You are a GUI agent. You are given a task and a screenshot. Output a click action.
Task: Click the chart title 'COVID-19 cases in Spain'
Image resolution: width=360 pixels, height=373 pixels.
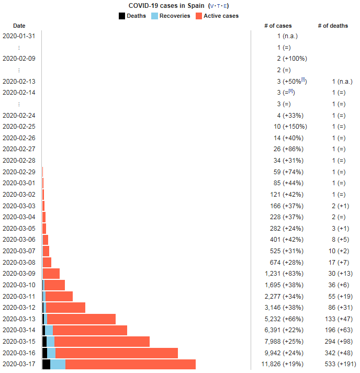[x=167, y=6]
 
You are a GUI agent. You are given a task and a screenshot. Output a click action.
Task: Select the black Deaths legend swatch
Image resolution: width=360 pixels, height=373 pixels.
[x=122, y=16]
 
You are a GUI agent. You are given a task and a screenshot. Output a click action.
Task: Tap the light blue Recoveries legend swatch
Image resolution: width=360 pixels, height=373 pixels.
[x=154, y=16]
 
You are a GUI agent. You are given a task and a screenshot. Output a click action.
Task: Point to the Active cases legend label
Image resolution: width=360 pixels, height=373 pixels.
[x=221, y=16]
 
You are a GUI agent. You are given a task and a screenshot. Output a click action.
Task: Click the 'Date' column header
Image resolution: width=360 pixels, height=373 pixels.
[x=19, y=26]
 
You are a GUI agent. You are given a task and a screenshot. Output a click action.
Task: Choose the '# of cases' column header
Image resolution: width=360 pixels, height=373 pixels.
[x=278, y=26]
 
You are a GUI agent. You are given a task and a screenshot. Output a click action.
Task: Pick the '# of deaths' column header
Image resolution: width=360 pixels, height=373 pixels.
[x=333, y=26]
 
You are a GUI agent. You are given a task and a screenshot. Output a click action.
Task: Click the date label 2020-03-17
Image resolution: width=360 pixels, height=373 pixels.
[x=19, y=364]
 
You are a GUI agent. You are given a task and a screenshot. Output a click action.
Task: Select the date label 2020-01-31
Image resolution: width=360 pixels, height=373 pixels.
[x=19, y=36]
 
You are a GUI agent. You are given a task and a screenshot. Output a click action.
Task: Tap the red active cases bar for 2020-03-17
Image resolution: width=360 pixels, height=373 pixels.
[x=130, y=364]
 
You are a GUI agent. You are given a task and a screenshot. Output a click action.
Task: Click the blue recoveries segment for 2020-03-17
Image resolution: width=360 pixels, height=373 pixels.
[x=58, y=364]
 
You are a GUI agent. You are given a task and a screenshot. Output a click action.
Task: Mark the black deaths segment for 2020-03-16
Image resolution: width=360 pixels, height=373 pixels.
[x=44, y=353]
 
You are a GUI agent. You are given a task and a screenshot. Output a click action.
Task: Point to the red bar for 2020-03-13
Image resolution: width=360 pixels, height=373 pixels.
[x=81, y=319]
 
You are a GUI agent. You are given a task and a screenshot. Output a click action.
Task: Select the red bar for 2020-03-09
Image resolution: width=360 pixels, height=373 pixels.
[x=51, y=274]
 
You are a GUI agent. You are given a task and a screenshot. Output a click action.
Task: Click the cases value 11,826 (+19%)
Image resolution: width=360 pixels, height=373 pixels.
[x=282, y=364]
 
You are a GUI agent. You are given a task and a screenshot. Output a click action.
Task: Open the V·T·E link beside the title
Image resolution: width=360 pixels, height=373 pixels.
[x=218, y=6]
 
